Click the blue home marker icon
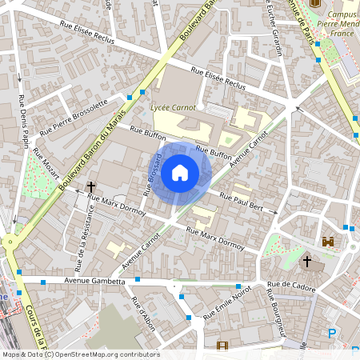(x=180, y=171)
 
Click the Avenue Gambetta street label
(x=95, y=281)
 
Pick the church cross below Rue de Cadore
(x=306, y=261)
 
